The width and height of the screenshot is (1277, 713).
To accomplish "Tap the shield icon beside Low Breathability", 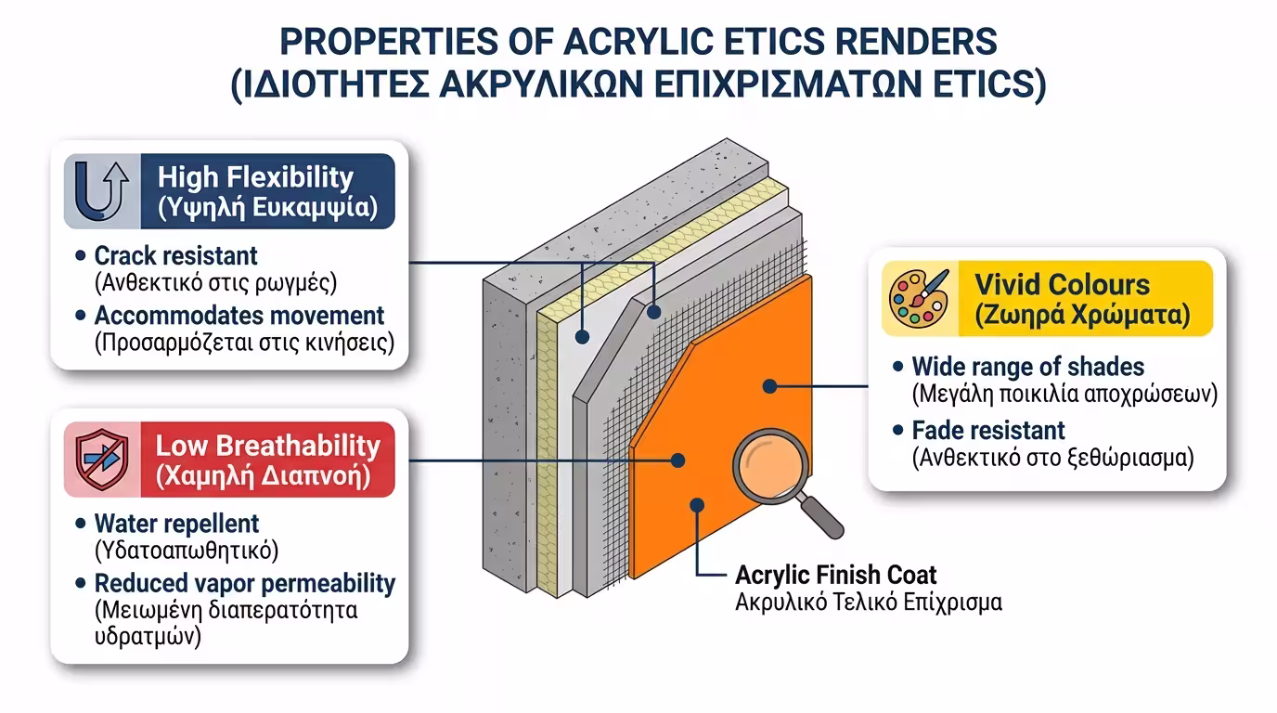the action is pos(102,460).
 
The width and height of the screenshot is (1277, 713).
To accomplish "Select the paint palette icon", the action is pos(919,298).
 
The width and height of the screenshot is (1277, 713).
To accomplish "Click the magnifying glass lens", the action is pos(771,466).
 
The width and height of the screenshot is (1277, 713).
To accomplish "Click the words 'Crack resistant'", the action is pos(175,255).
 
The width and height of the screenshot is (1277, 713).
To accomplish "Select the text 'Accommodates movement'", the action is pos(239,316).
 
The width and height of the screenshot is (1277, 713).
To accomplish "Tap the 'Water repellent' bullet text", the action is pos(176,524).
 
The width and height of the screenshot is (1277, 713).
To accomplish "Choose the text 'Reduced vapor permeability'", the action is pos(245,583).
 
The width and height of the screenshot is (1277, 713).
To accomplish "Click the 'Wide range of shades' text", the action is pos(1028,367).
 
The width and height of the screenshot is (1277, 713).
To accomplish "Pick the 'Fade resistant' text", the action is pos(988,430).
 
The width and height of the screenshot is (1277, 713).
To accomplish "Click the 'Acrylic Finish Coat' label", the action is pos(836,575).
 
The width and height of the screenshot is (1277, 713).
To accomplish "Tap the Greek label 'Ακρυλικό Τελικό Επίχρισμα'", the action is pos(869,603).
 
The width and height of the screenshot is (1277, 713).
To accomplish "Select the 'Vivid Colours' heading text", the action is pos(1062,285).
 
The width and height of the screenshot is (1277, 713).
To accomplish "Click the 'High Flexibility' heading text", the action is pos(255,177).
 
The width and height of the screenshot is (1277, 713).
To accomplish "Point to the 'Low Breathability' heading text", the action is pos(267,446).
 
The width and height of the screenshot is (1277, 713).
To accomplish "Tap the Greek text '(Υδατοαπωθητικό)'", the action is pos(187,551).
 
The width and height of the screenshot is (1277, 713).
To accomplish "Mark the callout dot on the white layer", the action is pos(582,337).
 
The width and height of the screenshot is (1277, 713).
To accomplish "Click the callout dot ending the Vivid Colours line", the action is pos(769,386).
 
